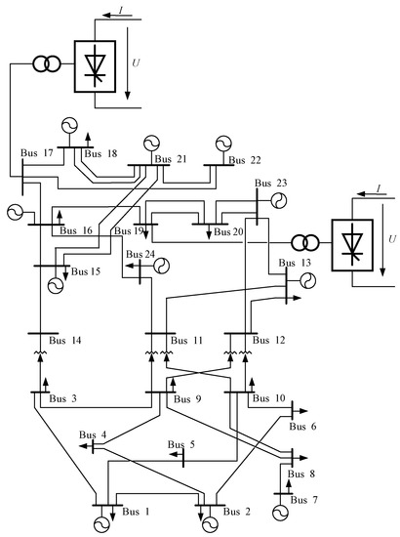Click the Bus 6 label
coord(306,427)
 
